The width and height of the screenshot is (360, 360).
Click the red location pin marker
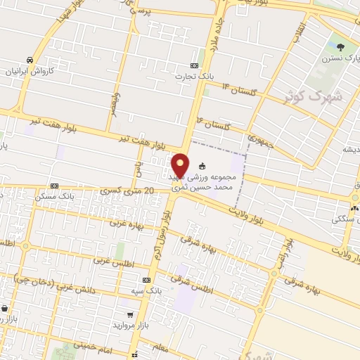(181, 165)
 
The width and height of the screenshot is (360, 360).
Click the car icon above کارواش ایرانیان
(29, 60)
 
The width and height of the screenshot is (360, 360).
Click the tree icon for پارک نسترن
(341, 48)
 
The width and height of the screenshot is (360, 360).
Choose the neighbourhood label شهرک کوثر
(315, 96)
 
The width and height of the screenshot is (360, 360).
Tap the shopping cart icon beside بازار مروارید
(129, 315)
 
